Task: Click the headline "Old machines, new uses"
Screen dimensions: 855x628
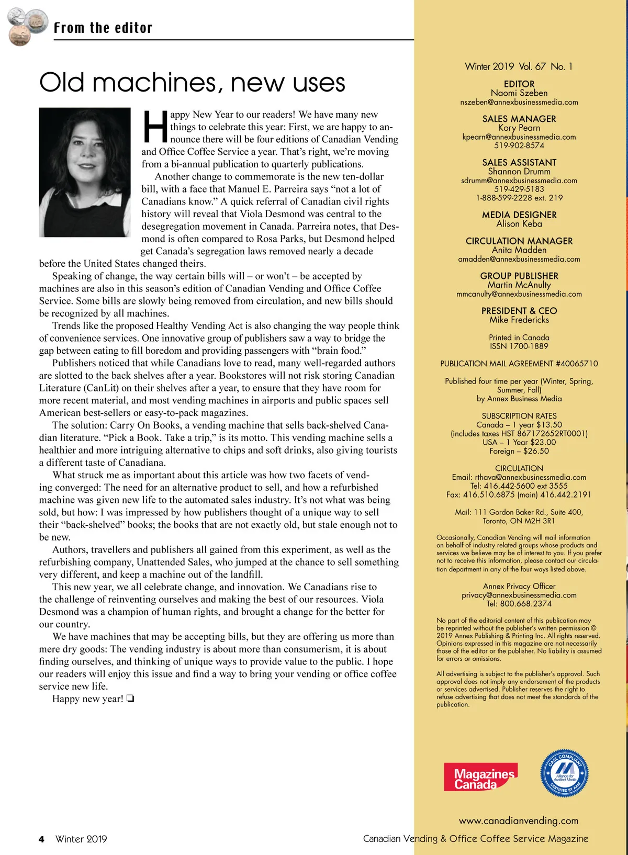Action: coord(192,83)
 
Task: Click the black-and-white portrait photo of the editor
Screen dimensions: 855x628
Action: coord(85,172)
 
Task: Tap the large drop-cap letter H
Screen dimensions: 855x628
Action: coord(155,127)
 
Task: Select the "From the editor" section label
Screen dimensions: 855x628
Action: coord(103,28)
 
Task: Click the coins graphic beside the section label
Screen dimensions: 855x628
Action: coord(26,26)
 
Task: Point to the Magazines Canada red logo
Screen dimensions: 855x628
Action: coord(480,777)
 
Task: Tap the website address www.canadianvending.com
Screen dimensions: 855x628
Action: coord(519,820)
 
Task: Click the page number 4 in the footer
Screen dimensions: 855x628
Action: coord(41,839)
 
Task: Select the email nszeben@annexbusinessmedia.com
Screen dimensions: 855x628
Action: coord(519,102)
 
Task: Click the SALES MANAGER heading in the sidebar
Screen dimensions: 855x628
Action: coord(519,119)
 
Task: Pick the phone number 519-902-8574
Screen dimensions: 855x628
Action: coord(519,145)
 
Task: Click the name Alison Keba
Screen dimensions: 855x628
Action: coord(519,224)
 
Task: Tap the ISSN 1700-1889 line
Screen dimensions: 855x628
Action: coord(519,346)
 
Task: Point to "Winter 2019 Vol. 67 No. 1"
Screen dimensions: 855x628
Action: coord(519,66)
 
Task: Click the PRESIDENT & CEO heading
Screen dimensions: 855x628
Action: coord(519,311)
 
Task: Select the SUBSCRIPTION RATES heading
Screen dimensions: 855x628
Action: coord(519,416)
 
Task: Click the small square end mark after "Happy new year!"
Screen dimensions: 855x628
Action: coord(130,699)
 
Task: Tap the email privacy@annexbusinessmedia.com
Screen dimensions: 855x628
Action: coord(519,595)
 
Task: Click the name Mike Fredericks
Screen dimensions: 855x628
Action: coord(519,320)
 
